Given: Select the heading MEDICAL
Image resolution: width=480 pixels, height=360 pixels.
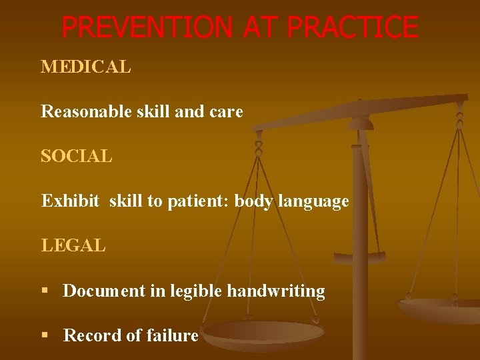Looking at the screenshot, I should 86,67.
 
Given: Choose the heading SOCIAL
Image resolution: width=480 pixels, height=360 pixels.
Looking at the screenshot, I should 77,157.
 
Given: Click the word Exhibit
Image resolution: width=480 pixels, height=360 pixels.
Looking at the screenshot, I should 71,201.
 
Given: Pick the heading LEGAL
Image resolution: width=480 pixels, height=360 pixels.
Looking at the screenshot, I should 73,246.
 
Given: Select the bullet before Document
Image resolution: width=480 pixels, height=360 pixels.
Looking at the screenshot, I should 45,291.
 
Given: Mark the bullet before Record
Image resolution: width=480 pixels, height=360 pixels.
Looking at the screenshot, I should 45,336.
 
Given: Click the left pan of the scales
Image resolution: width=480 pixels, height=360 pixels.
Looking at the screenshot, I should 263,333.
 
